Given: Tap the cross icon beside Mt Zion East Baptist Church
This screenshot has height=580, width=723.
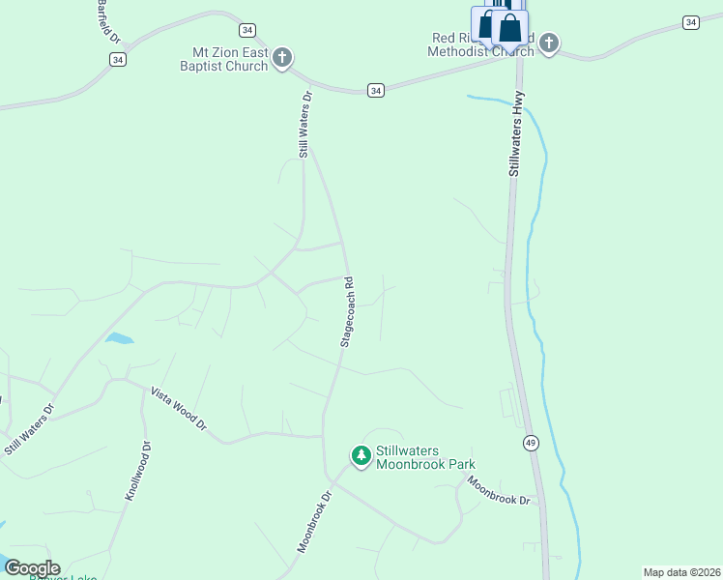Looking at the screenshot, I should click(282, 58).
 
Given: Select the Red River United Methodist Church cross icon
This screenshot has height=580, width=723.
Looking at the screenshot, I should click(549, 43).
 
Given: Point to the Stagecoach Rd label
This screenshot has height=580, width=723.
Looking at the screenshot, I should click(347, 313).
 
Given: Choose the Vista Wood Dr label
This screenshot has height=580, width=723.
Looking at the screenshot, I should click(179, 409).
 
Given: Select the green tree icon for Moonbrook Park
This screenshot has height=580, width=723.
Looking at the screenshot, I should click(361, 455).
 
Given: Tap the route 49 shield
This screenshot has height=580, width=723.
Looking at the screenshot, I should click(531, 443).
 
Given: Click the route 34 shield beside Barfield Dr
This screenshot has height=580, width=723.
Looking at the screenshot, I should click(117, 60).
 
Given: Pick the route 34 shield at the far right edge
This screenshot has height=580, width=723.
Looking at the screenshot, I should click(689, 22).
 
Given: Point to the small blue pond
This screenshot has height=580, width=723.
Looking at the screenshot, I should click(119, 338).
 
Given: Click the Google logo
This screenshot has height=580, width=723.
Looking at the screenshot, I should click(31, 568).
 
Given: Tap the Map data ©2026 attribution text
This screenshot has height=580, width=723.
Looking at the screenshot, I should click(681, 572).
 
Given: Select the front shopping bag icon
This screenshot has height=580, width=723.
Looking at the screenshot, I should click(509, 27).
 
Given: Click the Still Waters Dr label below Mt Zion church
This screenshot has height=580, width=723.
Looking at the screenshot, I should click(305, 125).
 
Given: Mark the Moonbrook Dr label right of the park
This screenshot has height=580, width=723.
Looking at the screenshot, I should click(499, 491).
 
